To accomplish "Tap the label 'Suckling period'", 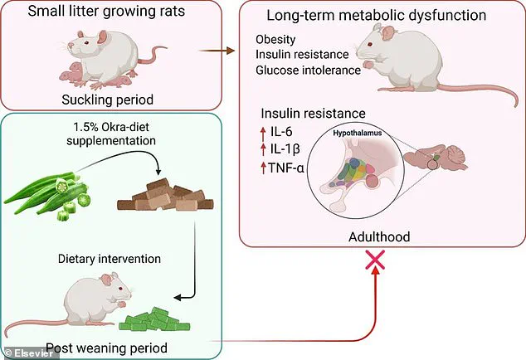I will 112,100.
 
